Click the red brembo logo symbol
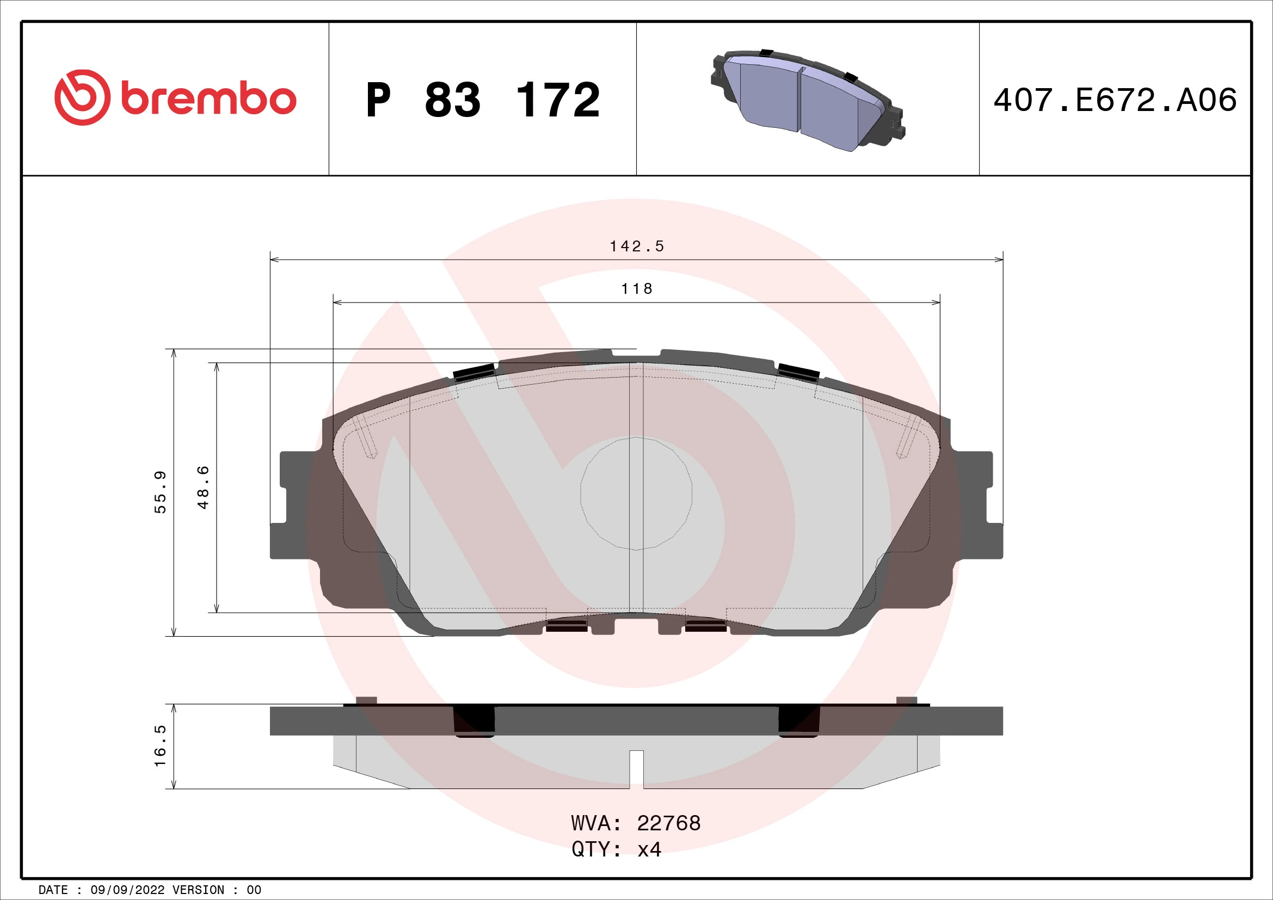(82, 97)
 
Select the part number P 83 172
(482, 100)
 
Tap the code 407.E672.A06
(1115, 100)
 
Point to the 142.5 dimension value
(637, 246)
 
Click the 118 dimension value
(637, 289)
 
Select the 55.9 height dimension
(160, 492)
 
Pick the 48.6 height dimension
(204, 488)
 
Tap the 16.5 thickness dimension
(160, 746)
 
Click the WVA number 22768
(669, 823)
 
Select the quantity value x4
(649, 849)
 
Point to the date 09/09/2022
(127, 890)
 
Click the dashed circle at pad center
(636, 494)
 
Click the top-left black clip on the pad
(474, 373)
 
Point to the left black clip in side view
(474, 721)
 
